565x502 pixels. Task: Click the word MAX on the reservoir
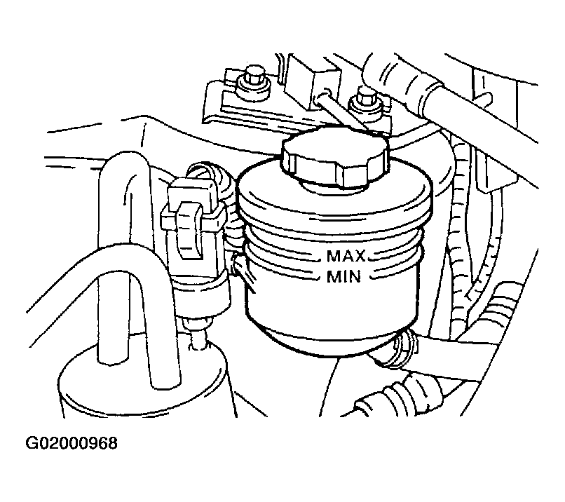click(x=346, y=256)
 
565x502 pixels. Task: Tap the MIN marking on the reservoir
click(x=343, y=277)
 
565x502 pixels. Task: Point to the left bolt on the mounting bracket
click(x=254, y=78)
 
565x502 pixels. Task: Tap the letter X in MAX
click(x=358, y=256)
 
